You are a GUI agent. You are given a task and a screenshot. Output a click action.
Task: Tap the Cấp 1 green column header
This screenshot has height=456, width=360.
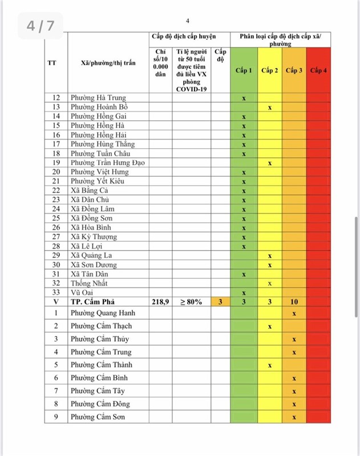click(244, 71)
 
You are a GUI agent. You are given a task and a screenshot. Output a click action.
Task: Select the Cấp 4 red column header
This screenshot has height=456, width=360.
click(318, 71)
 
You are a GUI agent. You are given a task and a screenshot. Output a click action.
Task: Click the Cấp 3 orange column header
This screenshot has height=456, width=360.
click(294, 71)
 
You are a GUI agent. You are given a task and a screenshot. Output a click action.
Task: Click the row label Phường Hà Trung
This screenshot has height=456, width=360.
click(98, 98)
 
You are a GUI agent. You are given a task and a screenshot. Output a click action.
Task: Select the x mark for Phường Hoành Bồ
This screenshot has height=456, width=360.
click(269, 107)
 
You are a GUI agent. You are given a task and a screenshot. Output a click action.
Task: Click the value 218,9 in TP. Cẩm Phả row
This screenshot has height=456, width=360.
click(160, 302)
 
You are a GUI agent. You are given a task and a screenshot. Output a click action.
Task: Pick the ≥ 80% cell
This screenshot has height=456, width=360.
click(191, 302)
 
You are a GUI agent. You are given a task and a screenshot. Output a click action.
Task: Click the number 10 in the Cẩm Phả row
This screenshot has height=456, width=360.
click(294, 302)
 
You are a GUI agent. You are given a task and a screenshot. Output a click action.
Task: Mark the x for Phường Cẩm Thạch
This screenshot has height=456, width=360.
click(269, 327)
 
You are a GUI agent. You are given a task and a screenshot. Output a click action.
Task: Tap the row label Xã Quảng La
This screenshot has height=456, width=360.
click(91, 255)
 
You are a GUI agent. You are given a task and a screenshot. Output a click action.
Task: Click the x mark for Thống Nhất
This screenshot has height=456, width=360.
click(269, 283)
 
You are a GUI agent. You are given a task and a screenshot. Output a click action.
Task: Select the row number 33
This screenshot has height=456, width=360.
click(56, 292)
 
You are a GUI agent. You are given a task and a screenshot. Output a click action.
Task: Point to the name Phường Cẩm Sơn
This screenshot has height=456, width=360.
click(99, 417)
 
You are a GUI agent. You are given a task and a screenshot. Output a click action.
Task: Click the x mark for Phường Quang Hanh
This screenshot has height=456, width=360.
click(294, 313)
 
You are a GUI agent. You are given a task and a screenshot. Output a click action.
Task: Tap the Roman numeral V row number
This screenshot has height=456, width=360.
click(56, 302)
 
